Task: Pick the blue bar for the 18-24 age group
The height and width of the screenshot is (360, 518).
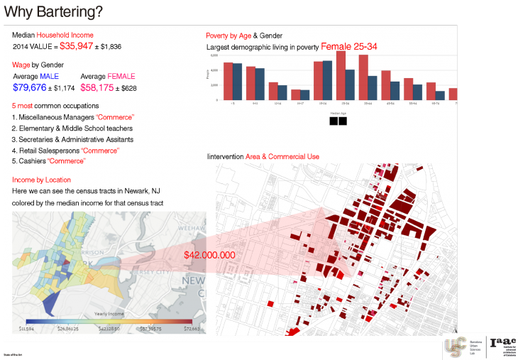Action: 327,80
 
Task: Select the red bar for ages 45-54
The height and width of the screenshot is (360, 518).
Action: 386,85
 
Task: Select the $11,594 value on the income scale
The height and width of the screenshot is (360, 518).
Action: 27,329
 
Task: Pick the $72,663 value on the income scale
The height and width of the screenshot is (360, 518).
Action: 192,329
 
